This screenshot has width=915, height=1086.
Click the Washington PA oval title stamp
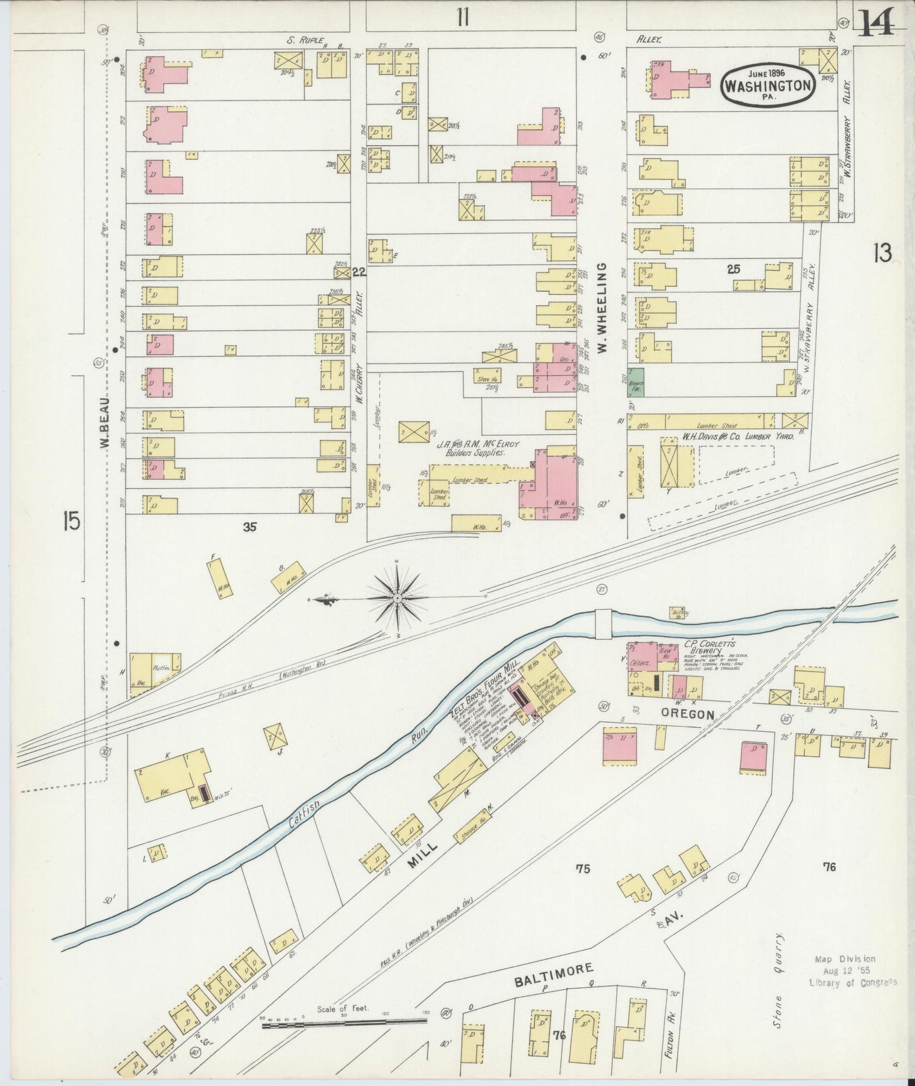pyautogui.click(x=768, y=82)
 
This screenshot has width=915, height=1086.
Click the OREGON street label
pyautogui.click(x=687, y=714)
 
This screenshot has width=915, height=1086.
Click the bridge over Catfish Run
pyautogui.click(x=603, y=623)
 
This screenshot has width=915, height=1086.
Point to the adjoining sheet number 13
pyautogui.click(x=882, y=253)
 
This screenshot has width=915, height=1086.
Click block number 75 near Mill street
pyautogui.click(x=582, y=868)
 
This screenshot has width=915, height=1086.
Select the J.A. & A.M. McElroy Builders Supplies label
pyautogui.click(x=479, y=449)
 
